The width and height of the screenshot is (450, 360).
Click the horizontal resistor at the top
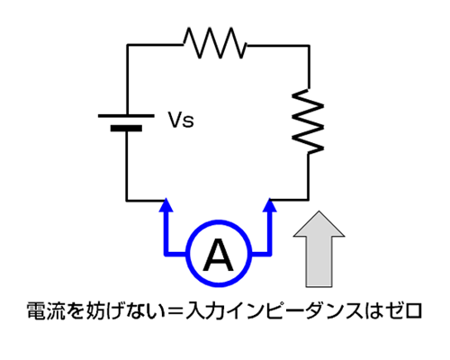coord(215,42)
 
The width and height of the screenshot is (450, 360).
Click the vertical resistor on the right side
coord(308,121)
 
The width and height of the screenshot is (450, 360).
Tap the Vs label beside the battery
coord(181,120)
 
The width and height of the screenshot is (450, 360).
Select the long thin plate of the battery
coord(126,115)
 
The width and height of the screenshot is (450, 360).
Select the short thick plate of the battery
coord(126,129)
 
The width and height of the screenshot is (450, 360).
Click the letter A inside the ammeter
coord(218,256)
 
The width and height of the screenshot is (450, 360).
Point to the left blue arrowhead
coord(166,205)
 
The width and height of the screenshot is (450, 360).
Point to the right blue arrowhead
coord(269,205)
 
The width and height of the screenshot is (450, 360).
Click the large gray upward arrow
coord(319,249)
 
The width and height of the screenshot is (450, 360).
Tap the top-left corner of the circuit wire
coord(127,45)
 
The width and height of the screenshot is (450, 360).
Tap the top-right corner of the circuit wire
coord(309,46)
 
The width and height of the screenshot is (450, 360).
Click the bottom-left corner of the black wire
coord(127,200)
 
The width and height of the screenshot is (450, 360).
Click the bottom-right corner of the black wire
coord(308,200)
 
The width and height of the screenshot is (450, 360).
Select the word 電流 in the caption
coord(46,310)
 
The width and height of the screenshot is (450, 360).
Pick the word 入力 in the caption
coord(205,310)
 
